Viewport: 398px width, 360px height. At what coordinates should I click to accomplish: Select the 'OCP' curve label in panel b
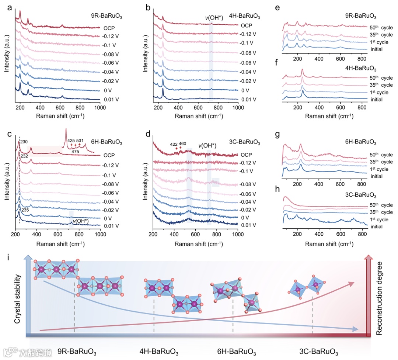pos(247,25)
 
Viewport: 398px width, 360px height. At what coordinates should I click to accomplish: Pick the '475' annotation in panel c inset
pos(76,151)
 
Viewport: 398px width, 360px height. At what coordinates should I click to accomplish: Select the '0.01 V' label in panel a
pos(109,100)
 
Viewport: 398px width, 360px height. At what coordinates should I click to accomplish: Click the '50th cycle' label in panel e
pos(381,27)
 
